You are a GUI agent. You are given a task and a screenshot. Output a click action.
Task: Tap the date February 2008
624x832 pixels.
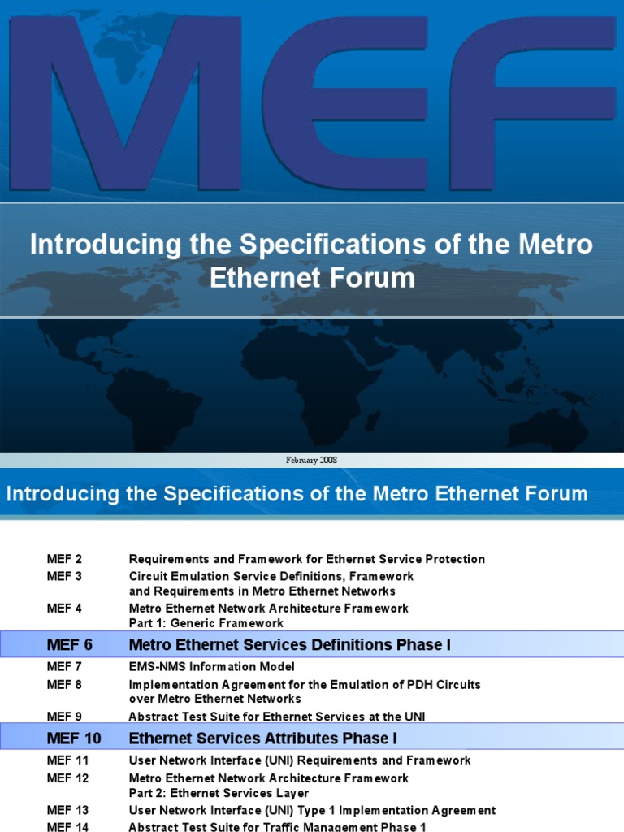point(311,460)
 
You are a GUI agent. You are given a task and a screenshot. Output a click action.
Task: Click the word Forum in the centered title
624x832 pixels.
point(379,278)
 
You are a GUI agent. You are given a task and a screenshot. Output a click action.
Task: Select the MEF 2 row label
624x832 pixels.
point(64,559)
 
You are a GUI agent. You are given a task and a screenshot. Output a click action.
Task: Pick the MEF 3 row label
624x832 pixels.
point(64,576)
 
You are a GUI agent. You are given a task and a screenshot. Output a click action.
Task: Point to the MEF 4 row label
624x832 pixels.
point(64,608)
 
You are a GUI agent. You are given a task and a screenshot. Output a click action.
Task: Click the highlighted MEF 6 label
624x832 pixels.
point(70,645)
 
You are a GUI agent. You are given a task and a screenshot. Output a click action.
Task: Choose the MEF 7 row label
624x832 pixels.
point(64,667)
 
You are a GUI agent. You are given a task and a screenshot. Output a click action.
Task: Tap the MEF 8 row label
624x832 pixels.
point(64,684)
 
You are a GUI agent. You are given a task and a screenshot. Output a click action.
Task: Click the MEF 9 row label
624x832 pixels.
point(64,717)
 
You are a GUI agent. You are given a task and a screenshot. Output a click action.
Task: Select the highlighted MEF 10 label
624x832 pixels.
point(74,739)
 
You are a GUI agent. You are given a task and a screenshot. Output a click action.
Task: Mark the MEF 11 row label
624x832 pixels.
point(67,760)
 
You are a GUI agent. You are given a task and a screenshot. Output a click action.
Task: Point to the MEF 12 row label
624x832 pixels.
point(67,778)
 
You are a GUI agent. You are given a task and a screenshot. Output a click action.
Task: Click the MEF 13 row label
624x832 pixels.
point(67,810)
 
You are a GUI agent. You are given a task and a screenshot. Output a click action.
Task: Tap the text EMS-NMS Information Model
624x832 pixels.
point(211,667)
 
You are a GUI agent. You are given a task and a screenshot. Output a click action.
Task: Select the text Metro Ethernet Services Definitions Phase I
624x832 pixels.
point(290,645)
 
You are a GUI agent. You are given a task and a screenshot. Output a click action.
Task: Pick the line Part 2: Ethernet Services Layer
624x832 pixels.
point(219,793)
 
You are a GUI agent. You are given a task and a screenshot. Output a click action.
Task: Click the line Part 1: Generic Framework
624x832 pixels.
point(206,623)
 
